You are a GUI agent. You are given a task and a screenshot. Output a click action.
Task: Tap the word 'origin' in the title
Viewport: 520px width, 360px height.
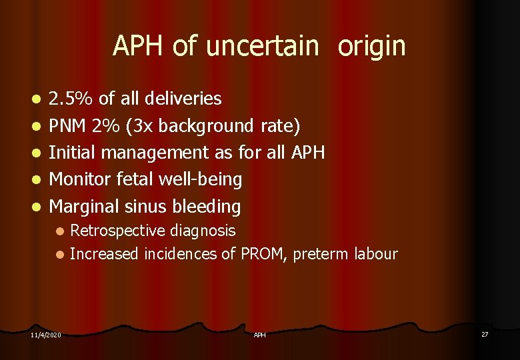click(371, 46)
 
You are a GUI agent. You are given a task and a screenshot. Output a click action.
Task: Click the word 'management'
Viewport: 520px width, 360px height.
click(171, 153)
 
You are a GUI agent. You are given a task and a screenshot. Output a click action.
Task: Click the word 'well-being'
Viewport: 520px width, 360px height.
click(200, 179)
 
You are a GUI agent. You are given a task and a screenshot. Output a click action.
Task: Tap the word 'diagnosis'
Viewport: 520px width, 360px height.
click(203, 231)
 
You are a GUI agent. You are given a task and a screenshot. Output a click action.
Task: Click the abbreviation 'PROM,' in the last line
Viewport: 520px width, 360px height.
click(262, 254)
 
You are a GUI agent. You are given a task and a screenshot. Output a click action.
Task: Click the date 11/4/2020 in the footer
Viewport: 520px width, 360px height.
click(45, 335)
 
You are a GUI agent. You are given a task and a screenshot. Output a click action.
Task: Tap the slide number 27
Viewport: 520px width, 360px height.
click(485, 334)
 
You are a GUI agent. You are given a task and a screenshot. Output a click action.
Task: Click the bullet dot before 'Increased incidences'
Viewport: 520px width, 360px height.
click(60, 255)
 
